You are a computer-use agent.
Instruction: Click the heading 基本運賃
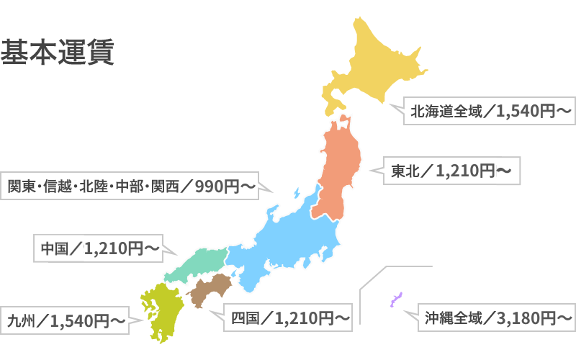click(x=58, y=53)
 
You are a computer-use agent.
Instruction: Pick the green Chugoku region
click(x=198, y=263)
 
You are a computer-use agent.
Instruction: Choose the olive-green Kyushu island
click(x=160, y=310)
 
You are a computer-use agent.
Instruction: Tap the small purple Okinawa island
click(x=395, y=300)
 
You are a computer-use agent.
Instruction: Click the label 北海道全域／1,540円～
click(x=490, y=112)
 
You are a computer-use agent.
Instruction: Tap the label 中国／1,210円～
click(x=99, y=248)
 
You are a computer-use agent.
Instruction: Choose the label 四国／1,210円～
click(x=287, y=316)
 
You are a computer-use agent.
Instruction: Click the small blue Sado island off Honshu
click(x=296, y=193)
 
